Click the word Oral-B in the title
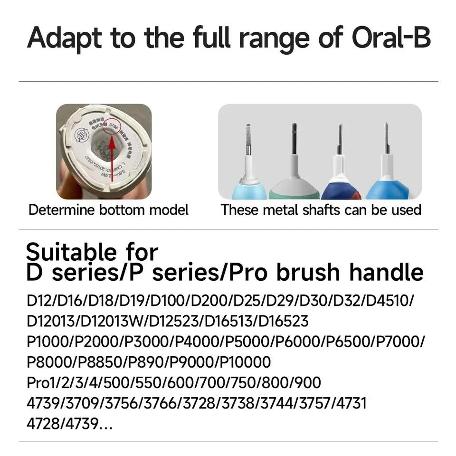pos(391,38)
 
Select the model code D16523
pos(283,321)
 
